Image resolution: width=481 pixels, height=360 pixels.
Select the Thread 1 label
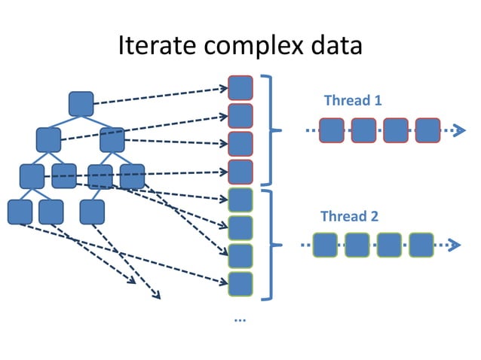coord(347,100)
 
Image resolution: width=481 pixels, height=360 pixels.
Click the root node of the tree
coord(81,104)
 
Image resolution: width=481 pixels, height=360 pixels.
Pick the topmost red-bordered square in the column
coord(240,88)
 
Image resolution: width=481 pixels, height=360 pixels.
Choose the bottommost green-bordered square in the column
coord(240,284)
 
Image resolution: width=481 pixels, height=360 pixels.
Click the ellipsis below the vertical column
coord(240,319)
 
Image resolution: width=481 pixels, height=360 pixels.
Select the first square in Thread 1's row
coord(332,130)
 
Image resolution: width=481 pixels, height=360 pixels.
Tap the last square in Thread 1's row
coord(427,130)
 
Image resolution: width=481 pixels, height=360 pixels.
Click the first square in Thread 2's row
coord(325,245)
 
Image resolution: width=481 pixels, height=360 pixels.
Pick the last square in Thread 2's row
coord(421,245)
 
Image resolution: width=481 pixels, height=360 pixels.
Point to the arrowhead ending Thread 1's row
coord(458,130)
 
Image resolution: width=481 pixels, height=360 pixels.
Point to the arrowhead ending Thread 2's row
coord(453,245)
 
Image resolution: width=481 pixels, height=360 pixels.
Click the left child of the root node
coord(48,140)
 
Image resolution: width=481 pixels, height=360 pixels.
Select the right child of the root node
coord(112,140)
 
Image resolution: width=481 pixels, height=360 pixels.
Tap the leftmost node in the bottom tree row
coord(20,212)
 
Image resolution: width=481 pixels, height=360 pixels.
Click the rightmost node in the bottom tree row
coord(91,212)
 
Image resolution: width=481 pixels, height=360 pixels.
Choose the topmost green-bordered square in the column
coord(240,200)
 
